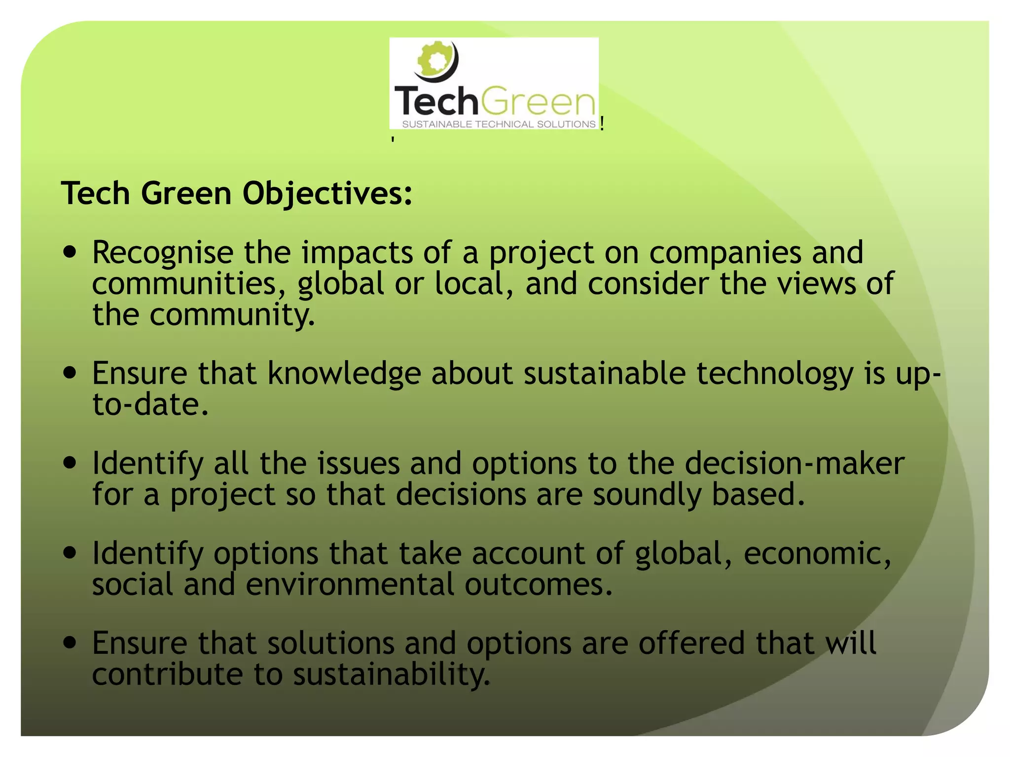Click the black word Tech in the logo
436,102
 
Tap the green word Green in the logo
538,102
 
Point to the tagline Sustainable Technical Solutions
499,124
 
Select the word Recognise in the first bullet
163,253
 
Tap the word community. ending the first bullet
232,315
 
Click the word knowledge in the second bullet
344,374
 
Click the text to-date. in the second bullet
150,405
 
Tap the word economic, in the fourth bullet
817,553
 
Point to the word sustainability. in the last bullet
392,675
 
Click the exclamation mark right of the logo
603,123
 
